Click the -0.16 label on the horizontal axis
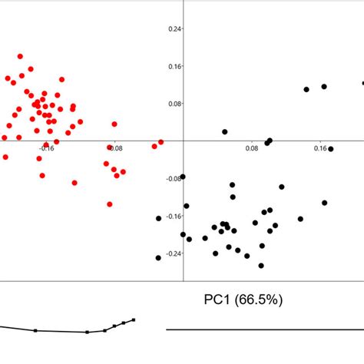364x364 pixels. coord(45,148)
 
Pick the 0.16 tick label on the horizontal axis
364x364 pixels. coord(320,148)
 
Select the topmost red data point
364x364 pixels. coord(20,56)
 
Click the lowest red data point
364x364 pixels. coord(110,204)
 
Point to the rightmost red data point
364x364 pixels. coord(160,142)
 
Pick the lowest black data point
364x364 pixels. coord(261,266)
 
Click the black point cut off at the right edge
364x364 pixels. coord(362,83)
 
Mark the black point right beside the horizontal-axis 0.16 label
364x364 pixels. coord(331,149)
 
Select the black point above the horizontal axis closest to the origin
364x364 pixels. coord(225,132)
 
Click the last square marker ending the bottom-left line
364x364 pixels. coord(134,319)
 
